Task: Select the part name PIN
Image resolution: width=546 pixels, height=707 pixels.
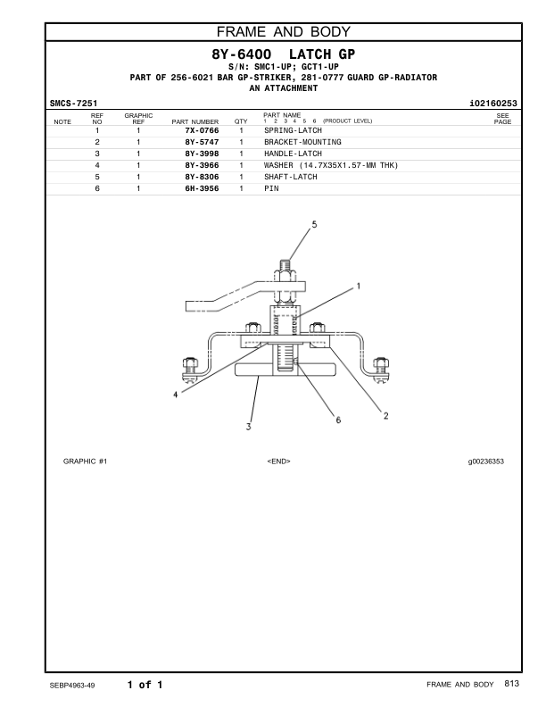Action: tap(270, 188)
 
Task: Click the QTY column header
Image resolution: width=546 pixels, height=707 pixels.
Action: tap(240, 121)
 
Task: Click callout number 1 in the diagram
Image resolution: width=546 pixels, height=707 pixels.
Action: tap(358, 287)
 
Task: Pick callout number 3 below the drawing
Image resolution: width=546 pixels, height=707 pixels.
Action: tap(248, 427)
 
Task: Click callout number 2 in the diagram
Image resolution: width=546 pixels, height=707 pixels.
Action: tap(385, 414)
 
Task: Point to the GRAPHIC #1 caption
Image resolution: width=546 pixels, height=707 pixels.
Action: tap(85, 461)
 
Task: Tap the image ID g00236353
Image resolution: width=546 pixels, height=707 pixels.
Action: tap(485, 461)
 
